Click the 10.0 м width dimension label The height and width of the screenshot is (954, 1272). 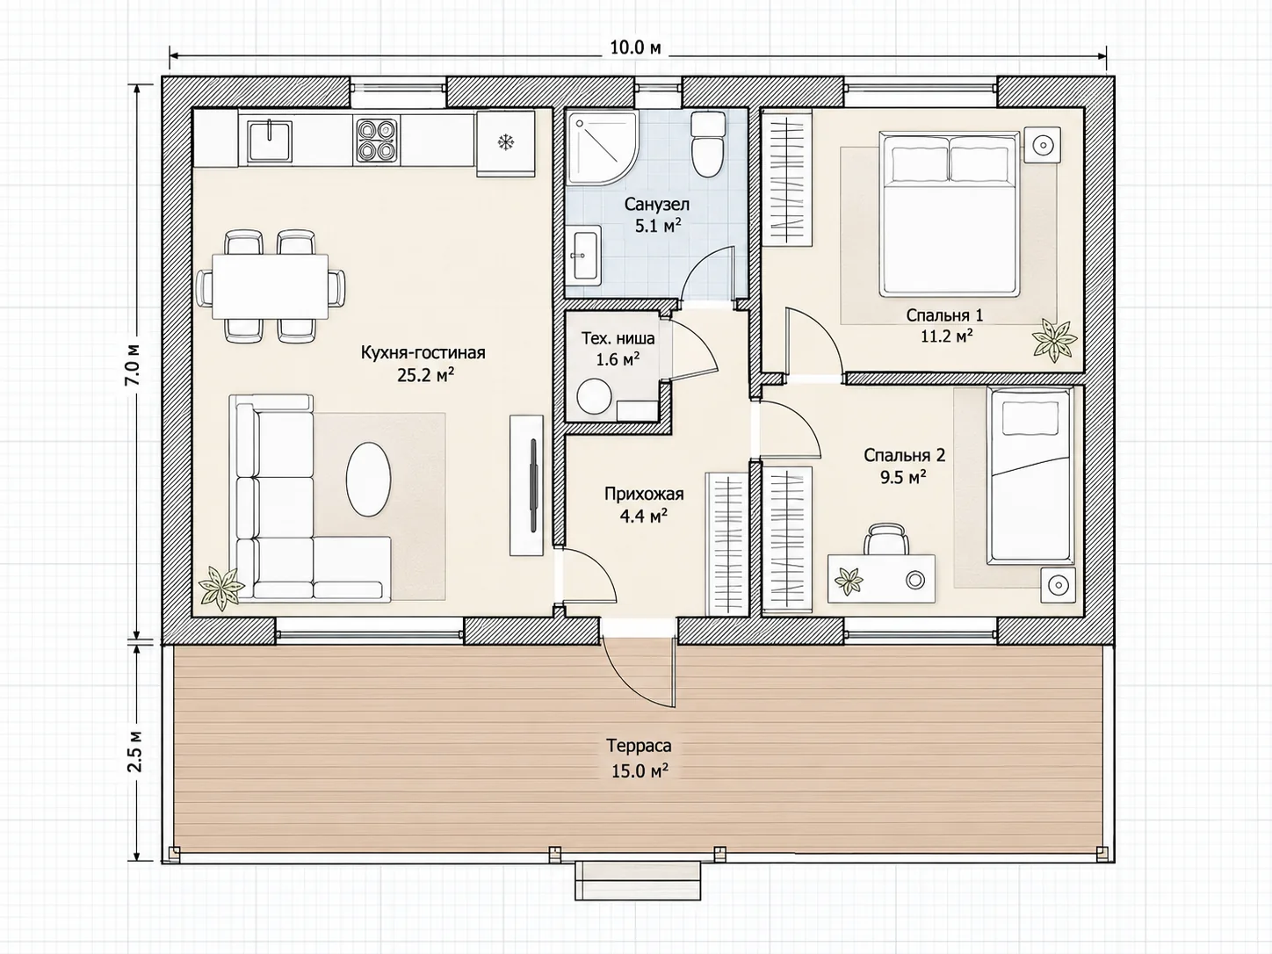point(635,47)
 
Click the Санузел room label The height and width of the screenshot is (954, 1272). point(656,205)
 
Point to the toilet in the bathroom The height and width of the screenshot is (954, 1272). point(707,144)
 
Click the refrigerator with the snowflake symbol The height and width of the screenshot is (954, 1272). point(505,143)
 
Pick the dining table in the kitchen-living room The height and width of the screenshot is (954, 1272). point(270,286)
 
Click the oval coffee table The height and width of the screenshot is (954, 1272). point(369,479)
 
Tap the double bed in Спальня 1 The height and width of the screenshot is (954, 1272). point(950,213)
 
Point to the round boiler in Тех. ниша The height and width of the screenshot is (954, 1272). point(595,397)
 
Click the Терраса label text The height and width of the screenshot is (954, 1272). point(640,746)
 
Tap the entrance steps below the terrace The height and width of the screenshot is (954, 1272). point(638,880)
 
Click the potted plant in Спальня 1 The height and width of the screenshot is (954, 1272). point(1055,340)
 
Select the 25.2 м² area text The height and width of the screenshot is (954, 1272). point(425,375)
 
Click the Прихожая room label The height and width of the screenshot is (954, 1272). point(644,494)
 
